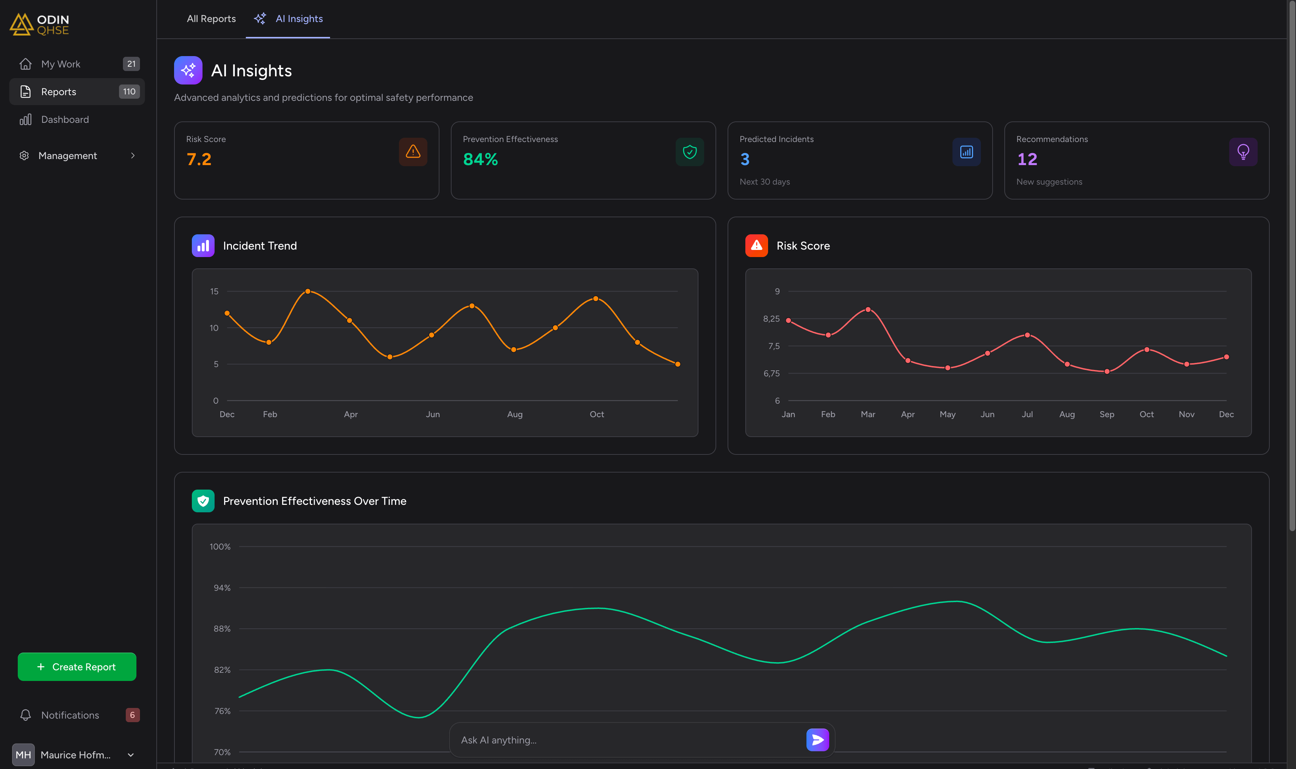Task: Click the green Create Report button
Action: point(77,666)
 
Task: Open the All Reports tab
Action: point(211,19)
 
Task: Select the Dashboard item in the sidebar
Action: point(65,120)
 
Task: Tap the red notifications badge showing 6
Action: point(132,715)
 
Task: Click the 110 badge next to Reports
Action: point(129,92)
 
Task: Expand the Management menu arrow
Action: point(133,156)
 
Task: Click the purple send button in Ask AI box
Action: point(817,740)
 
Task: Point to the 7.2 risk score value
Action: point(199,159)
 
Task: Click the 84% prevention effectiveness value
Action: point(480,159)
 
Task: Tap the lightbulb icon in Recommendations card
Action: point(1243,152)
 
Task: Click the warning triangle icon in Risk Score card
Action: point(413,152)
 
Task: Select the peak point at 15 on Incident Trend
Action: point(308,291)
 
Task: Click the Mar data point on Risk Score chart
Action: point(868,309)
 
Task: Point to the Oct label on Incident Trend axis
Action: point(597,414)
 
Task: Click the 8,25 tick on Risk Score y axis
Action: point(771,319)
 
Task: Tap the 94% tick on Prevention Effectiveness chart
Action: point(222,588)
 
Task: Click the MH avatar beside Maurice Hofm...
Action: point(23,754)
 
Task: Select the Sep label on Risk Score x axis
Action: point(1106,414)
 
